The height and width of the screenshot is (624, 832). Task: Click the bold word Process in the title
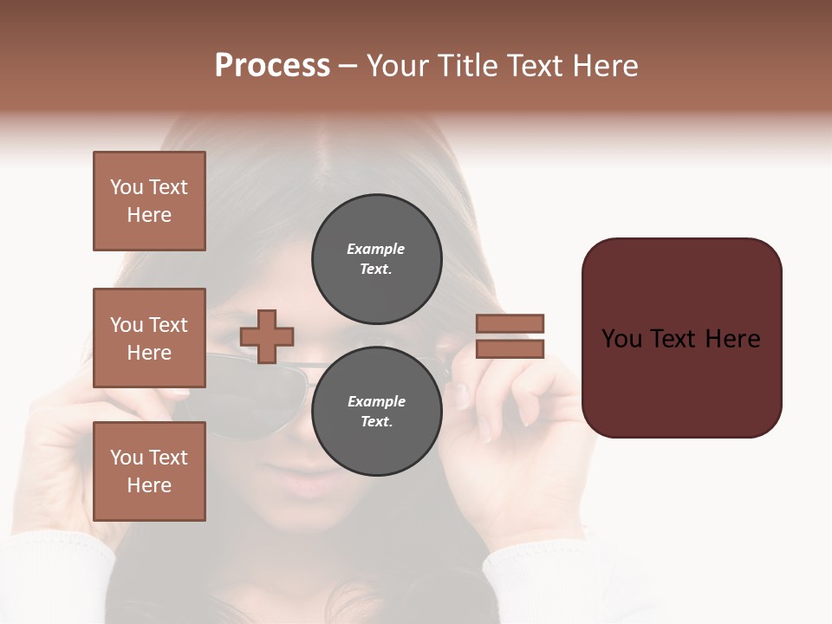(x=272, y=66)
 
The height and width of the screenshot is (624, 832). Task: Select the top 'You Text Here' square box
(x=149, y=201)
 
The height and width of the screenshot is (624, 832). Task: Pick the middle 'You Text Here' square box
(x=149, y=338)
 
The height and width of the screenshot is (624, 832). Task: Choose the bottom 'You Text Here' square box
(x=149, y=471)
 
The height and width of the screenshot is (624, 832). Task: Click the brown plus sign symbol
(x=267, y=336)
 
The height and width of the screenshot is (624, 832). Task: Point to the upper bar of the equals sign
(x=510, y=324)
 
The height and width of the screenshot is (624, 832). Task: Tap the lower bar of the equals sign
(x=510, y=348)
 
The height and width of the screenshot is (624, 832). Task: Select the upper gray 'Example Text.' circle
(x=376, y=259)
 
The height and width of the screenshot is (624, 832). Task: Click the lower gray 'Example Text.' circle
(x=376, y=412)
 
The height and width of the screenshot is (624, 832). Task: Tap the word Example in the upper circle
(x=376, y=249)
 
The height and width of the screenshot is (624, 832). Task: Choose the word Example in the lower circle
(x=376, y=401)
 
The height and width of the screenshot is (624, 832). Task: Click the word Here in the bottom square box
(x=149, y=485)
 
